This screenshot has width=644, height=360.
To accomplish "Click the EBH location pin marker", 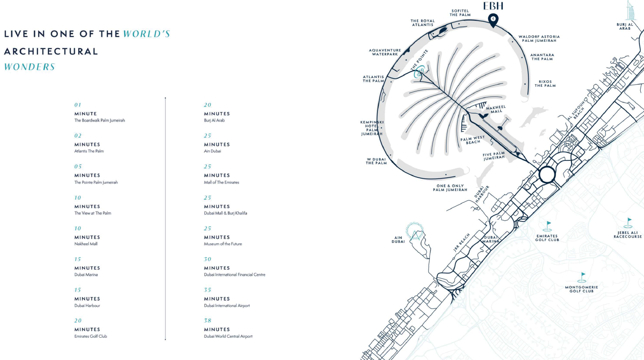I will [x=493, y=19].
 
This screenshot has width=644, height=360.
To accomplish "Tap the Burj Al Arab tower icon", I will [x=630, y=11].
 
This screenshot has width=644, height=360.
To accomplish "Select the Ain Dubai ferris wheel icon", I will [x=415, y=231].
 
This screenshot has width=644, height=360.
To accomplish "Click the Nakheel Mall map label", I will [x=496, y=109].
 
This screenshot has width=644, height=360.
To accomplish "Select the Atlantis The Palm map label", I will [x=373, y=79].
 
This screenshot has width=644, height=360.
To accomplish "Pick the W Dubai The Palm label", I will [x=376, y=161].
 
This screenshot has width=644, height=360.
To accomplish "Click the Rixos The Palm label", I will [x=545, y=83].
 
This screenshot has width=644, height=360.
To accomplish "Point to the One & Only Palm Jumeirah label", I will [x=450, y=188].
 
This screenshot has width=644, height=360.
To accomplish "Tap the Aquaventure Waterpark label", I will [x=385, y=52].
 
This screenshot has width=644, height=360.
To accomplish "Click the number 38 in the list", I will [x=208, y=321].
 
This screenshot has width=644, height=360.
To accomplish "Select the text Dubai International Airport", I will [x=227, y=306].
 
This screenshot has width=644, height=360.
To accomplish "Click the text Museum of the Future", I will [x=223, y=244].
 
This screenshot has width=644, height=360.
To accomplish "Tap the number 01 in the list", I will [x=78, y=105].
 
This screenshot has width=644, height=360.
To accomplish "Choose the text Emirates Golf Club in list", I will [x=91, y=336].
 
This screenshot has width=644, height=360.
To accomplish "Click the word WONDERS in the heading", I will [x=29, y=67].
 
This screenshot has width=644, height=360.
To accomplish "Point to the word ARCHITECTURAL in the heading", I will [x=51, y=52].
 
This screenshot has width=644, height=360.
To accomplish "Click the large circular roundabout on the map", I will [x=547, y=175].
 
